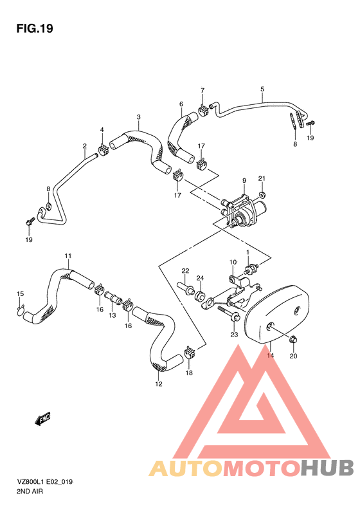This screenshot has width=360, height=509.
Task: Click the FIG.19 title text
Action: point(33,28)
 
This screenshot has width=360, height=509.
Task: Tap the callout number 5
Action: point(262,89)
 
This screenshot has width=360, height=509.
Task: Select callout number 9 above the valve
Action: point(244,181)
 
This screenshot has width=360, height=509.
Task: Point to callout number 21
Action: point(262,178)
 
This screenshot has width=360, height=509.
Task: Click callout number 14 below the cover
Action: point(271,355)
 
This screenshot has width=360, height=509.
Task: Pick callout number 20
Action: point(293,356)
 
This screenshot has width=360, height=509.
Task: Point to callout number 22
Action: point(184,270)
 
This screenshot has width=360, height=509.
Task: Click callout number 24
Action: point(200,278)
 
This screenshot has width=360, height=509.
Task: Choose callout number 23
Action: point(234,335)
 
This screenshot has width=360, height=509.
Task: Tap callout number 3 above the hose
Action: point(138,117)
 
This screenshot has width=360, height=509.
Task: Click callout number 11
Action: point(67,257)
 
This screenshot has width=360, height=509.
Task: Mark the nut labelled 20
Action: point(293,339)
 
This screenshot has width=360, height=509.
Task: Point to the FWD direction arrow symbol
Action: point(43,420)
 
